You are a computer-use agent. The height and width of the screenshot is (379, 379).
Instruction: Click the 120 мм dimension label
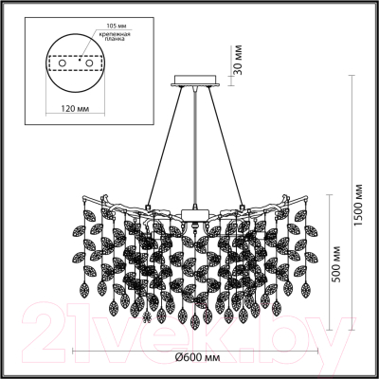(x=75, y=109)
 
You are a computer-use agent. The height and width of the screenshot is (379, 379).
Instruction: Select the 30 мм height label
(x=239, y=60)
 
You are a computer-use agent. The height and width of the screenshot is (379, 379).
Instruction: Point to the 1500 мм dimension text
(x=358, y=205)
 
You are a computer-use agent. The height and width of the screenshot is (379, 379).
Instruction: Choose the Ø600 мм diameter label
(x=197, y=357)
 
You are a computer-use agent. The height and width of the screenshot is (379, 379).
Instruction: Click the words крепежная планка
(x=115, y=37)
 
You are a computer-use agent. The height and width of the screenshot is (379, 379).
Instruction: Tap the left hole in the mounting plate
(x=63, y=63)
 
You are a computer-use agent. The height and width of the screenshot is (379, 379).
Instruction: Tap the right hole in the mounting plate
(x=90, y=63)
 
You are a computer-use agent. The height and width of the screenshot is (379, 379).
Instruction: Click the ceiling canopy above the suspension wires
(x=196, y=81)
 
